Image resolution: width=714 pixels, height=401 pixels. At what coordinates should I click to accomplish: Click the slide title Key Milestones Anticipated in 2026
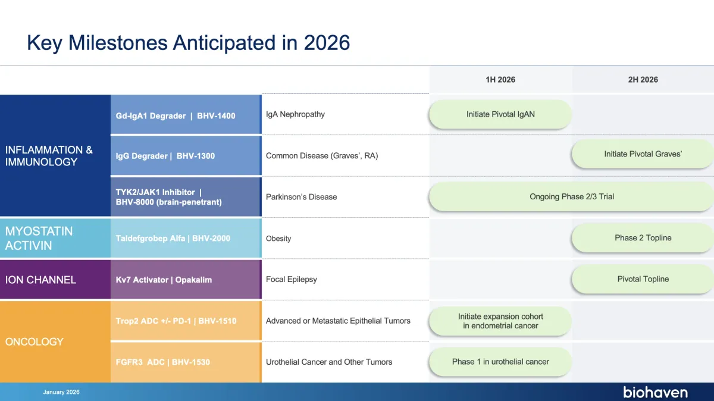click(188, 43)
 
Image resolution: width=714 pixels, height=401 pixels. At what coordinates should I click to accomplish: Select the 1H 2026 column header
click(500, 80)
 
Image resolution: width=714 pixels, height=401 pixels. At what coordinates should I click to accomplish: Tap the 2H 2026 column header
click(643, 80)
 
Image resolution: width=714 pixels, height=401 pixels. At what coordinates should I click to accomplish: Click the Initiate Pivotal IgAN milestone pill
click(500, 114)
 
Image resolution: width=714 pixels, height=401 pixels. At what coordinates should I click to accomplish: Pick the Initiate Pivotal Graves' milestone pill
click(643, 154)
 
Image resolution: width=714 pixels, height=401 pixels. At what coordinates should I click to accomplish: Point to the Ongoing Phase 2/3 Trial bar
click(571, 196)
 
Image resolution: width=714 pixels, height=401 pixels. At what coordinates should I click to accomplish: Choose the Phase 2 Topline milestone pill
click(643, 237)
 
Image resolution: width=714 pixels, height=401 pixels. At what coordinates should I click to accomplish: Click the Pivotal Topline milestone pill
click(643, 279)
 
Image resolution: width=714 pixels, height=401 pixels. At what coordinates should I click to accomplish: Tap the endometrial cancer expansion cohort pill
click(500, 321)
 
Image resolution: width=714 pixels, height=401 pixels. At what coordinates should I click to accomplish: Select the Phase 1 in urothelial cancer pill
click(500, 362)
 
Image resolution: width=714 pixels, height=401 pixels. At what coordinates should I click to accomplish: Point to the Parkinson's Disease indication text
click(301, 197)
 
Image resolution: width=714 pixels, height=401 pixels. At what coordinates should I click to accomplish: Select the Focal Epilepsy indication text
click(292, 280)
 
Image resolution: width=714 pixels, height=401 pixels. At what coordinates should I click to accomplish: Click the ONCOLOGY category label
click(34, 342)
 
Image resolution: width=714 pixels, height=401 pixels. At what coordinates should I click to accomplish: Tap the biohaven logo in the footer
click(655, 392)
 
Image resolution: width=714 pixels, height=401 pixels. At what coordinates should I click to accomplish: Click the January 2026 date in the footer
click(61, 392)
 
